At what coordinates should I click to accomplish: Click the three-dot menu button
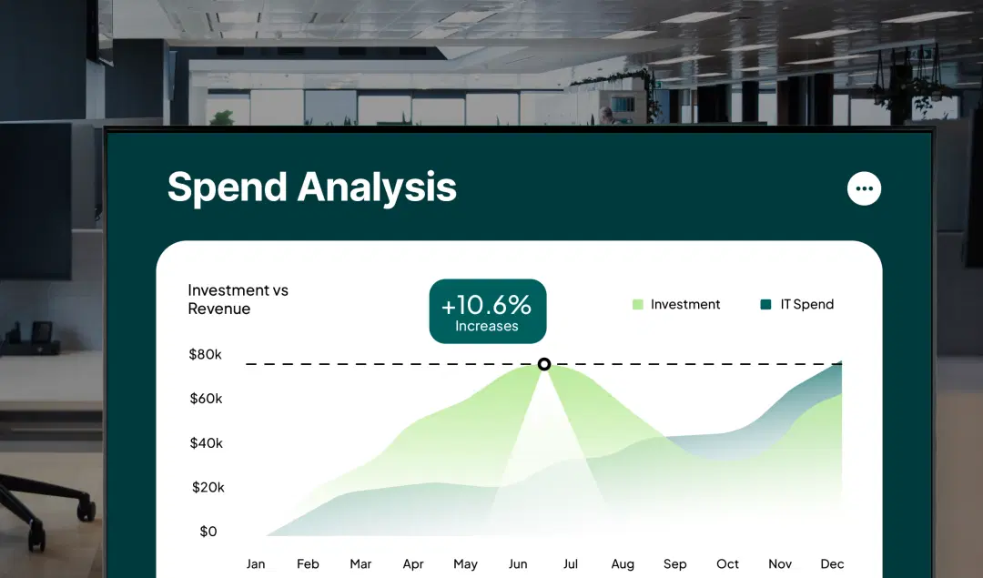(864, 188)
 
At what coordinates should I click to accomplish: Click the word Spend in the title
(228, 187)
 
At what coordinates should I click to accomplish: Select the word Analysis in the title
(377, 188)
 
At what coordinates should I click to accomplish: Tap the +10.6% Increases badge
(487, 311)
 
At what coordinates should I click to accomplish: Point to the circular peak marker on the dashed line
(544, 364)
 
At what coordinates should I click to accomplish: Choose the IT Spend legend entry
(797, 305)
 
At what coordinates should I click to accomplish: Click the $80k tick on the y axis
(205, 354)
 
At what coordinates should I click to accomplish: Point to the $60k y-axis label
(206, 399)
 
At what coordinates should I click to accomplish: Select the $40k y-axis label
(206, 443)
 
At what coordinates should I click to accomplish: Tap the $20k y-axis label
(208, 488)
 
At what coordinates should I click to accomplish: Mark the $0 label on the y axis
(208, 532)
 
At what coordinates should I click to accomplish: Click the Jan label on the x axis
(256, 564)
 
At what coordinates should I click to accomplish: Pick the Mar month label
(360, 564)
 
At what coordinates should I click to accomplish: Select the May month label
(465, 564)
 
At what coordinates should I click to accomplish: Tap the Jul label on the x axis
(571, 564)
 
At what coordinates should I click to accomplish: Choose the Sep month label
(675, 564)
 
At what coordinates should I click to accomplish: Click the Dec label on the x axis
(832, 564)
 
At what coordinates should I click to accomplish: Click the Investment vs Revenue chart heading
(238, 299)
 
